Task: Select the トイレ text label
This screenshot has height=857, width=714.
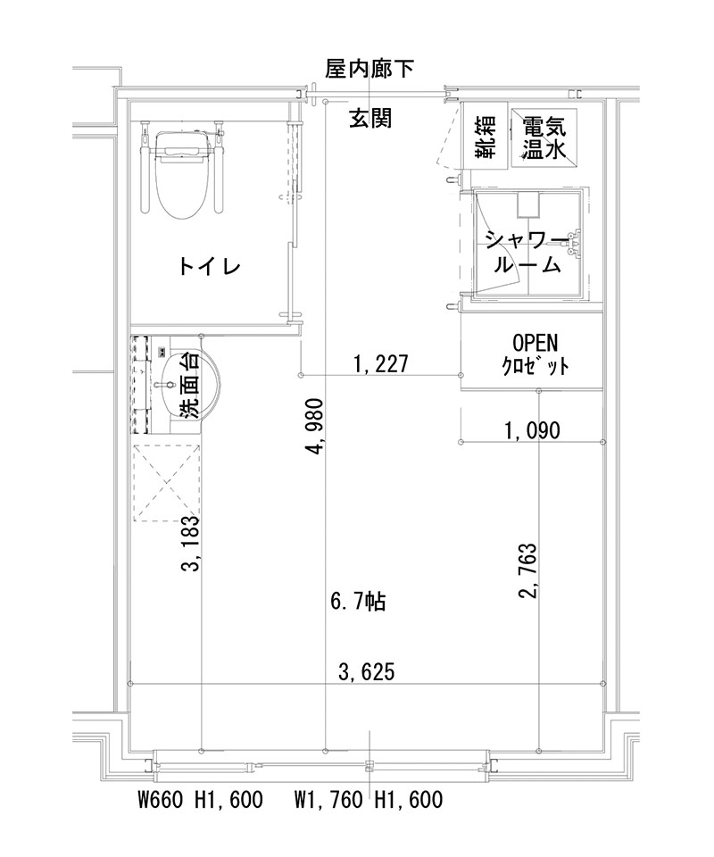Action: click(x=211, y=266)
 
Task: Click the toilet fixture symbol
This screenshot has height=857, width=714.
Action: click(x=182, y=173)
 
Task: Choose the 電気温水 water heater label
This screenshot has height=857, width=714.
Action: click(x=544, y=137)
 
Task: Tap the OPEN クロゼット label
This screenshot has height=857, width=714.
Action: click(x=534, y=354)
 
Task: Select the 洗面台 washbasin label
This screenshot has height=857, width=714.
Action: click(x=188, y=386)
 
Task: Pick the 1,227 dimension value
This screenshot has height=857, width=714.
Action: click(x=381, y=363)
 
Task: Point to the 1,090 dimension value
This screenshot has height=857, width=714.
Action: click(x=532, y=431)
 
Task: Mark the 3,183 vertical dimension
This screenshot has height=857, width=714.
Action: click(x=190, y=545)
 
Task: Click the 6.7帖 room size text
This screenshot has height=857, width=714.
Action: click(x=358, y=602)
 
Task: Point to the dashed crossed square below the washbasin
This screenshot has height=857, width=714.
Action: click(x=167, y=482)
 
